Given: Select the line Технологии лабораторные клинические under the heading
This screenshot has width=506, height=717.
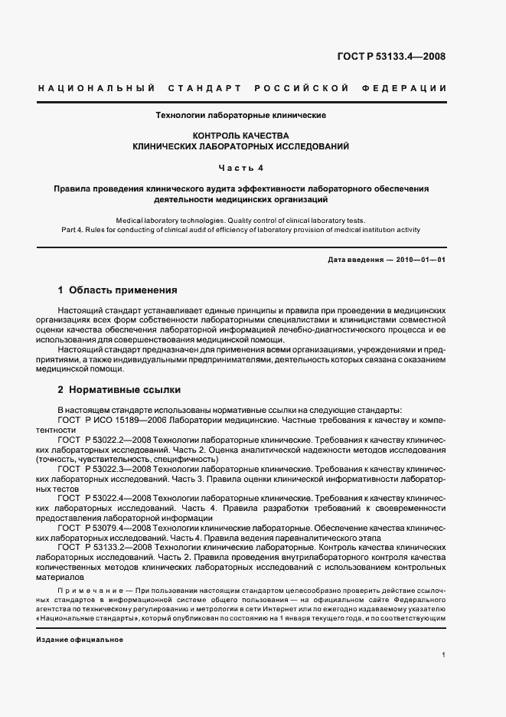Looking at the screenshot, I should point(241,116).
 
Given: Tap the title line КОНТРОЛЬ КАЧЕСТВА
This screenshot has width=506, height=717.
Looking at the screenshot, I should point(241,134).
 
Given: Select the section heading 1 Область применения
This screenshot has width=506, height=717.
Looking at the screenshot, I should point(117,291).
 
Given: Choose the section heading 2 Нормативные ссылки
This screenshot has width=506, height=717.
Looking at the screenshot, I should point(117,390).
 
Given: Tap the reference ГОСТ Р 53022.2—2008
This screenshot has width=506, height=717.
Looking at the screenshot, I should point(103,440).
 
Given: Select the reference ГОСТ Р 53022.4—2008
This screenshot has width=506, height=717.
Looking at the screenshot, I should point(103,499).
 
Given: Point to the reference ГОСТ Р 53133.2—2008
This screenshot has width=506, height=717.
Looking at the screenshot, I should point(103,548).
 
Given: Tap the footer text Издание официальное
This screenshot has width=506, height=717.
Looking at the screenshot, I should point(80,639).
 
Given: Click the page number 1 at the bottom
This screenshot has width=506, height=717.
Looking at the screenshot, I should point(443,655).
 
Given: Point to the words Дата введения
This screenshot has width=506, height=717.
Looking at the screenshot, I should point(355,260).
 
